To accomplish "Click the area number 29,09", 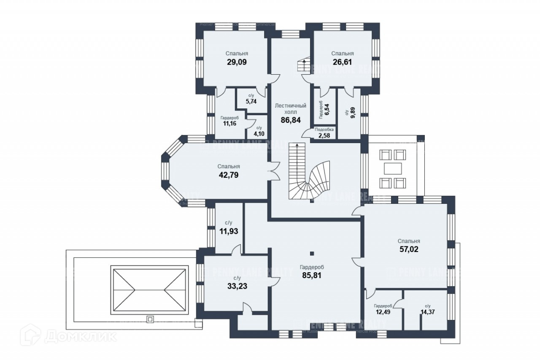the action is [236, 62].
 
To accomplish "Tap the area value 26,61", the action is [342, 62].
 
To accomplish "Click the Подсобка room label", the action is [324, 130].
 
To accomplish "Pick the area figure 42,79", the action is [229, 175].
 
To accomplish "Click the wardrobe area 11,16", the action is [229, 124].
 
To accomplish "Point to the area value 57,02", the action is [409, 249].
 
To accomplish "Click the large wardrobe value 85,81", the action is [312, 275].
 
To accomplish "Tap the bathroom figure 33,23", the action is [237, 286].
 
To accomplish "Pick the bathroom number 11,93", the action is [229, 230].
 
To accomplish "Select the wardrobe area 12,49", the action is [383, 313].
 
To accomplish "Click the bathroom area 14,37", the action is [428, 313].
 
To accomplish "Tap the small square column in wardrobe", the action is [312, 253].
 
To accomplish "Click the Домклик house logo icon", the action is [34, 337].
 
